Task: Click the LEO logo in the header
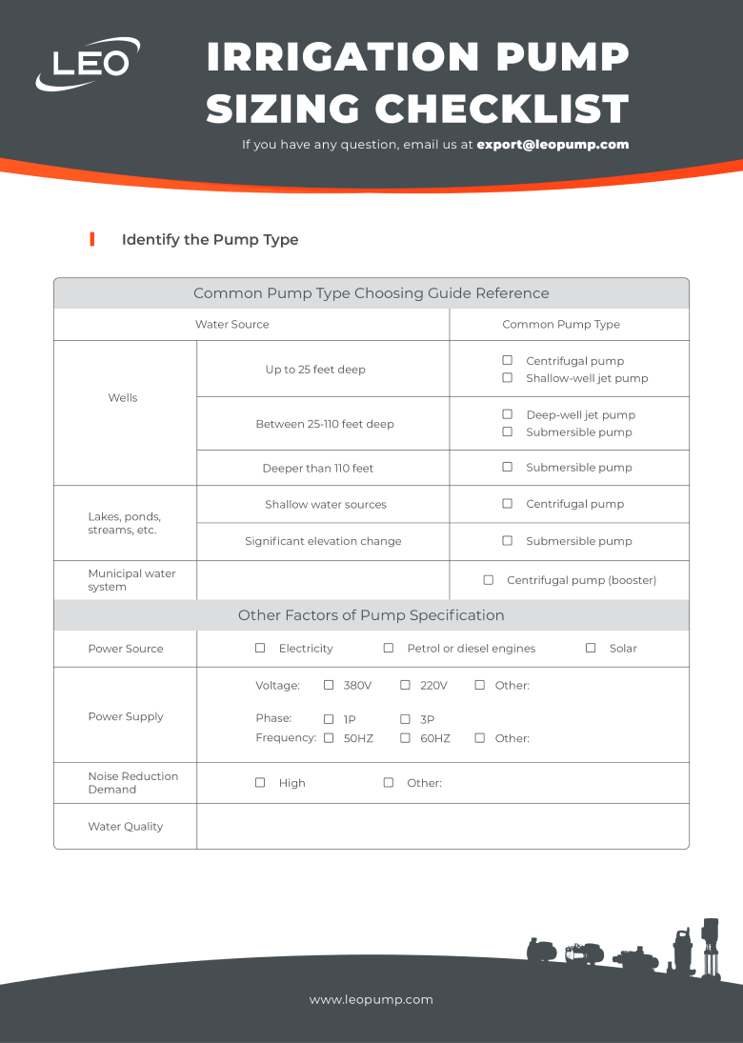88,63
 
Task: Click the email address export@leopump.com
552,145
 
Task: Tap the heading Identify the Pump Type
210,239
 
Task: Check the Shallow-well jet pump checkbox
507,378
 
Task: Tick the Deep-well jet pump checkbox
507,414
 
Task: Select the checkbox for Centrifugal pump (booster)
488,580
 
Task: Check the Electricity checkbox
260,648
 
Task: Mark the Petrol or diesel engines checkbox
388,648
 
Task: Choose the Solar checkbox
591,648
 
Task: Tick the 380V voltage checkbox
329,685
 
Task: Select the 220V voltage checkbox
405,685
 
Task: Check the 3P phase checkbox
405,719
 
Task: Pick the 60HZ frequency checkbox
405,738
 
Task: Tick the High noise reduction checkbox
260,782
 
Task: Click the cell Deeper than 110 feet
318,469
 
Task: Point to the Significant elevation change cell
323,541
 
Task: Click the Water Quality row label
125,827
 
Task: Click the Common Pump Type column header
561,325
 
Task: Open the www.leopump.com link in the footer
371,999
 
